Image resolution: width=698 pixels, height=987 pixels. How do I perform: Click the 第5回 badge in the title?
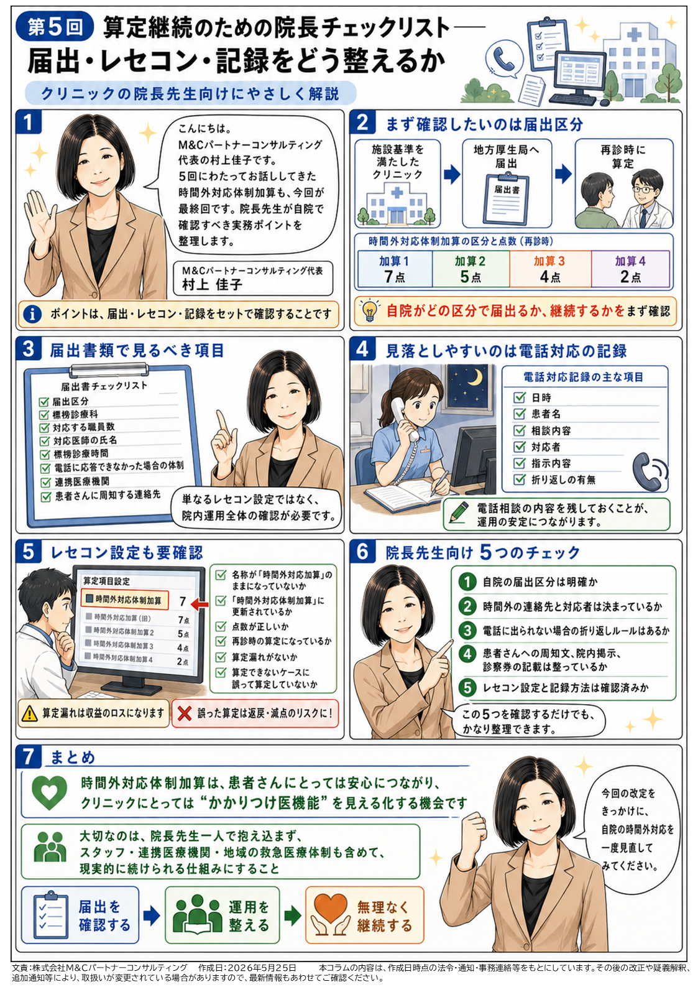click(55, 27)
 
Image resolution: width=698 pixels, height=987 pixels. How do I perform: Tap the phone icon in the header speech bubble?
click(504, 57)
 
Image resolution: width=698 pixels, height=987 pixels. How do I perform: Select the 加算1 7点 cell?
click(395, 269)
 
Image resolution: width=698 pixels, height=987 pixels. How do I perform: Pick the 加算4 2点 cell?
click(630, 269)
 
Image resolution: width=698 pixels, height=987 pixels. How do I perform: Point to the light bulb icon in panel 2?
click(370, 310)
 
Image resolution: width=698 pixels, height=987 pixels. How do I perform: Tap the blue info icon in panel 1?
click(32, 314)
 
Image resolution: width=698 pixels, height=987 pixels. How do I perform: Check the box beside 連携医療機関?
click(45, 483)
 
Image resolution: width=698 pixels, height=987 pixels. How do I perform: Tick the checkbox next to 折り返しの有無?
click(520, 480)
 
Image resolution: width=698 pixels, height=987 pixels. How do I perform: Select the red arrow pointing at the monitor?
click(200, 604)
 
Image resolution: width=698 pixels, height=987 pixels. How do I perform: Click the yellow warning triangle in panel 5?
click(29, 713)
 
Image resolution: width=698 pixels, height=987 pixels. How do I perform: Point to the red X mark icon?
click(184, 713)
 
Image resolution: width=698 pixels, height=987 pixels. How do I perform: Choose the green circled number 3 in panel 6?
click(467, 630)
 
